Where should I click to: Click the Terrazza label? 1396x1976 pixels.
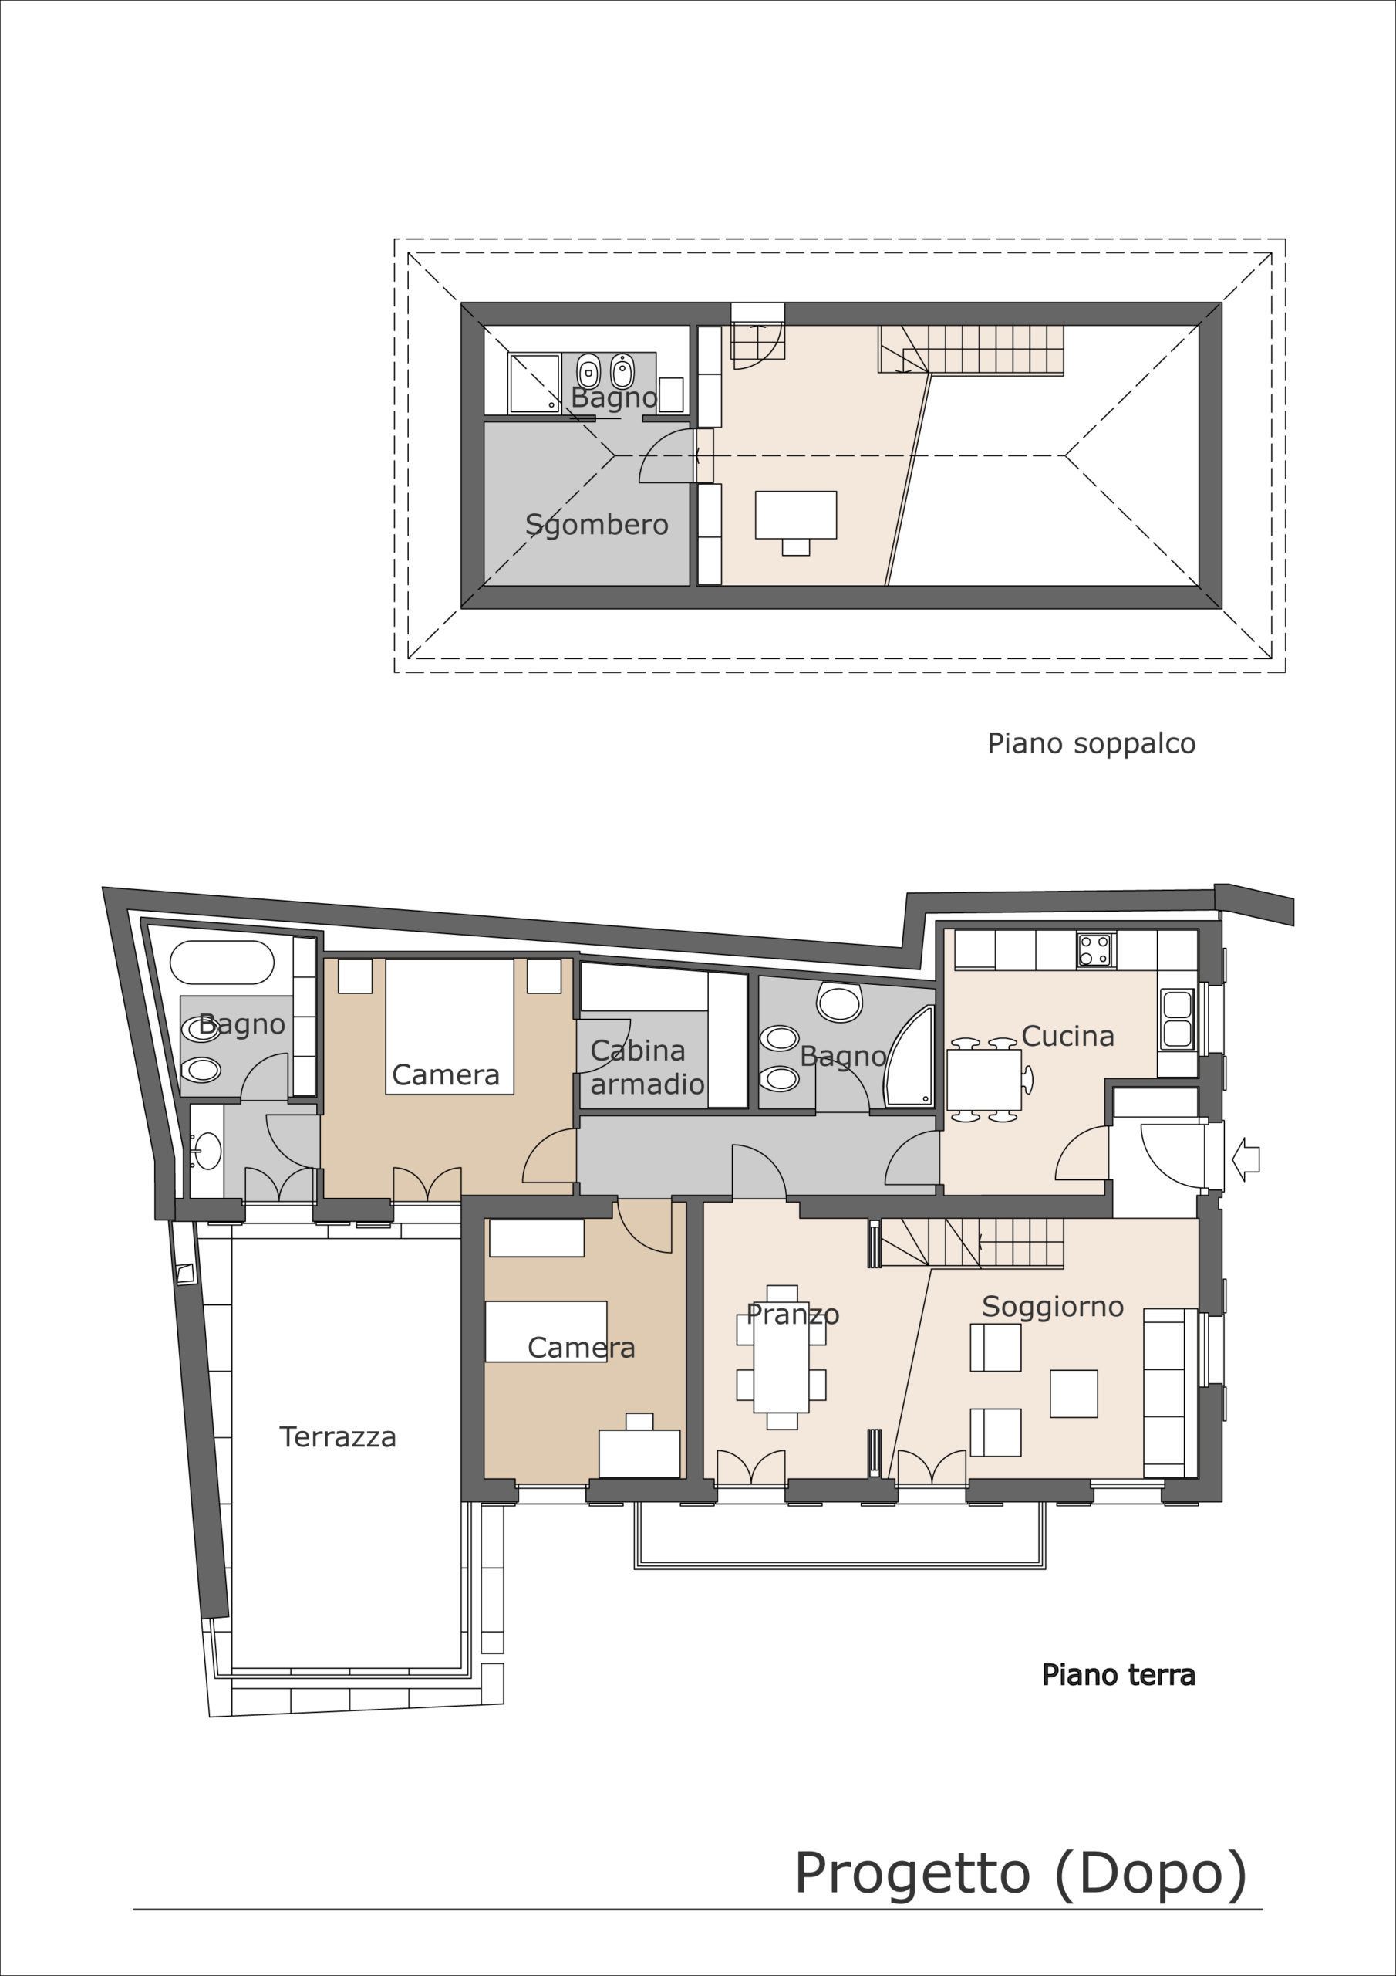coord(337,1437)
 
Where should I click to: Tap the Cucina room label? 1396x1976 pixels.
coord(1067,1036)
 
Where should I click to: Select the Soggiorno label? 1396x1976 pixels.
coord(1053,1308)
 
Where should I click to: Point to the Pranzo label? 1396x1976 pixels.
coord(792,1315)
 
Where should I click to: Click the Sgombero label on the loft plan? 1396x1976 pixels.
coord(596,524)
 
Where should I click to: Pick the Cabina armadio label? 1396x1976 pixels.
coord(647,1068)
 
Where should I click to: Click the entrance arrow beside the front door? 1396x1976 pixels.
coord(1246,1159)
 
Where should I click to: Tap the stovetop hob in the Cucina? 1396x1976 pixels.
coord(1096,950)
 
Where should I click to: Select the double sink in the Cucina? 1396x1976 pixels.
coord(1177,1020)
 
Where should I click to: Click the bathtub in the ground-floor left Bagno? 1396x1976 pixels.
coord(222,963)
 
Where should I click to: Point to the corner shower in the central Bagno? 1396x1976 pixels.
coord(910,1057)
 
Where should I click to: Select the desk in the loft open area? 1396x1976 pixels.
coord(796,515)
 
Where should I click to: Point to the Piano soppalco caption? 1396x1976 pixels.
coord(1091,743)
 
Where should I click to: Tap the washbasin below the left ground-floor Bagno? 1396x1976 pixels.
coord(206,1151)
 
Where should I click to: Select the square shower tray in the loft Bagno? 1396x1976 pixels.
coord(535,383)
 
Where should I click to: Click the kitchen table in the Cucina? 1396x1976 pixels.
coord(984,1079)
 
